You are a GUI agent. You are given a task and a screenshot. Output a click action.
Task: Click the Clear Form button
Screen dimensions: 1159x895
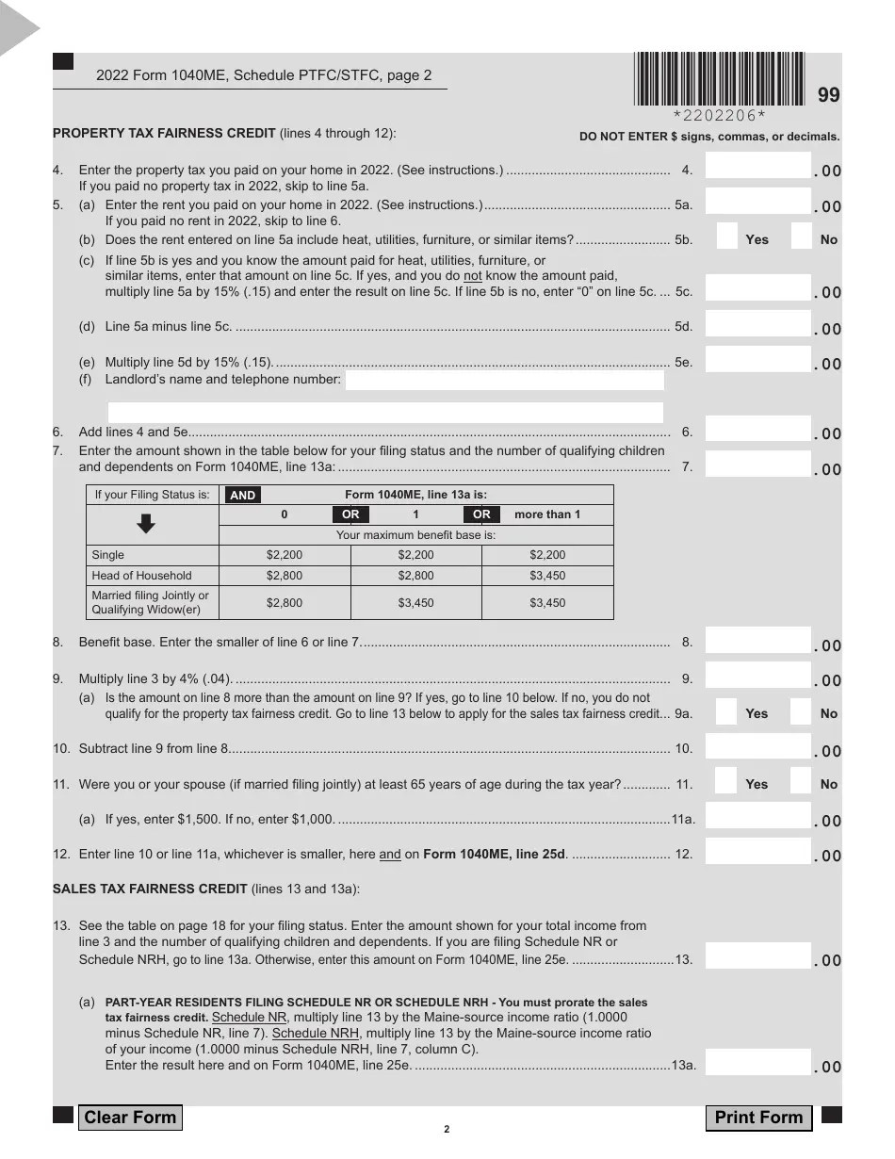pos(130,1118)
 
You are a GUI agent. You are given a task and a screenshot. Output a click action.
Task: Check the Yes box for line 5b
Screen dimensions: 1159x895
pos(726,237)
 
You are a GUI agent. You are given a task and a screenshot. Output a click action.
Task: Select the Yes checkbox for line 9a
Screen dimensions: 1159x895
pos(726,711)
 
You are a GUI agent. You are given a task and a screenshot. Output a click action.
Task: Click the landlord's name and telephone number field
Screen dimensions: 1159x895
pos(504,381)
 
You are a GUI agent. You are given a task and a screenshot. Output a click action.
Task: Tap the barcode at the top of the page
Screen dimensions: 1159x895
pos(720,78)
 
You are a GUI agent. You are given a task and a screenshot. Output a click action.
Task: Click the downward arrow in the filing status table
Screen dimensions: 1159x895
pos(147,524)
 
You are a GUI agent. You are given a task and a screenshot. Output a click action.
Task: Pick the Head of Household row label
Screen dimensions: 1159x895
pos(141,576)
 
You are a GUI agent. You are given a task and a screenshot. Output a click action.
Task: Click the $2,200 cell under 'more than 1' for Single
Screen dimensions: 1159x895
pos(547,555)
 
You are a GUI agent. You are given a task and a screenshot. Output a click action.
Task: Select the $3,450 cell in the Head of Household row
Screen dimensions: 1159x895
pos(547,576)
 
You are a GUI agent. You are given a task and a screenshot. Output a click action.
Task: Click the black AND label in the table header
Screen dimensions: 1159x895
pos(242,496)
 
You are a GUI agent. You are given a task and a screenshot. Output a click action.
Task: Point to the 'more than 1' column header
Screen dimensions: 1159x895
pos(547,514)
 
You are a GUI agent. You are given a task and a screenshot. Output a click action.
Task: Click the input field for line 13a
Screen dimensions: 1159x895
pos(757,1063)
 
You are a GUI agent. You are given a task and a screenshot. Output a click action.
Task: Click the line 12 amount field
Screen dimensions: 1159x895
pos(757,852)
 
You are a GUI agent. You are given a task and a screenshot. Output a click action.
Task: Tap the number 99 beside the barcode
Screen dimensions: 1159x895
pos(828,95)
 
